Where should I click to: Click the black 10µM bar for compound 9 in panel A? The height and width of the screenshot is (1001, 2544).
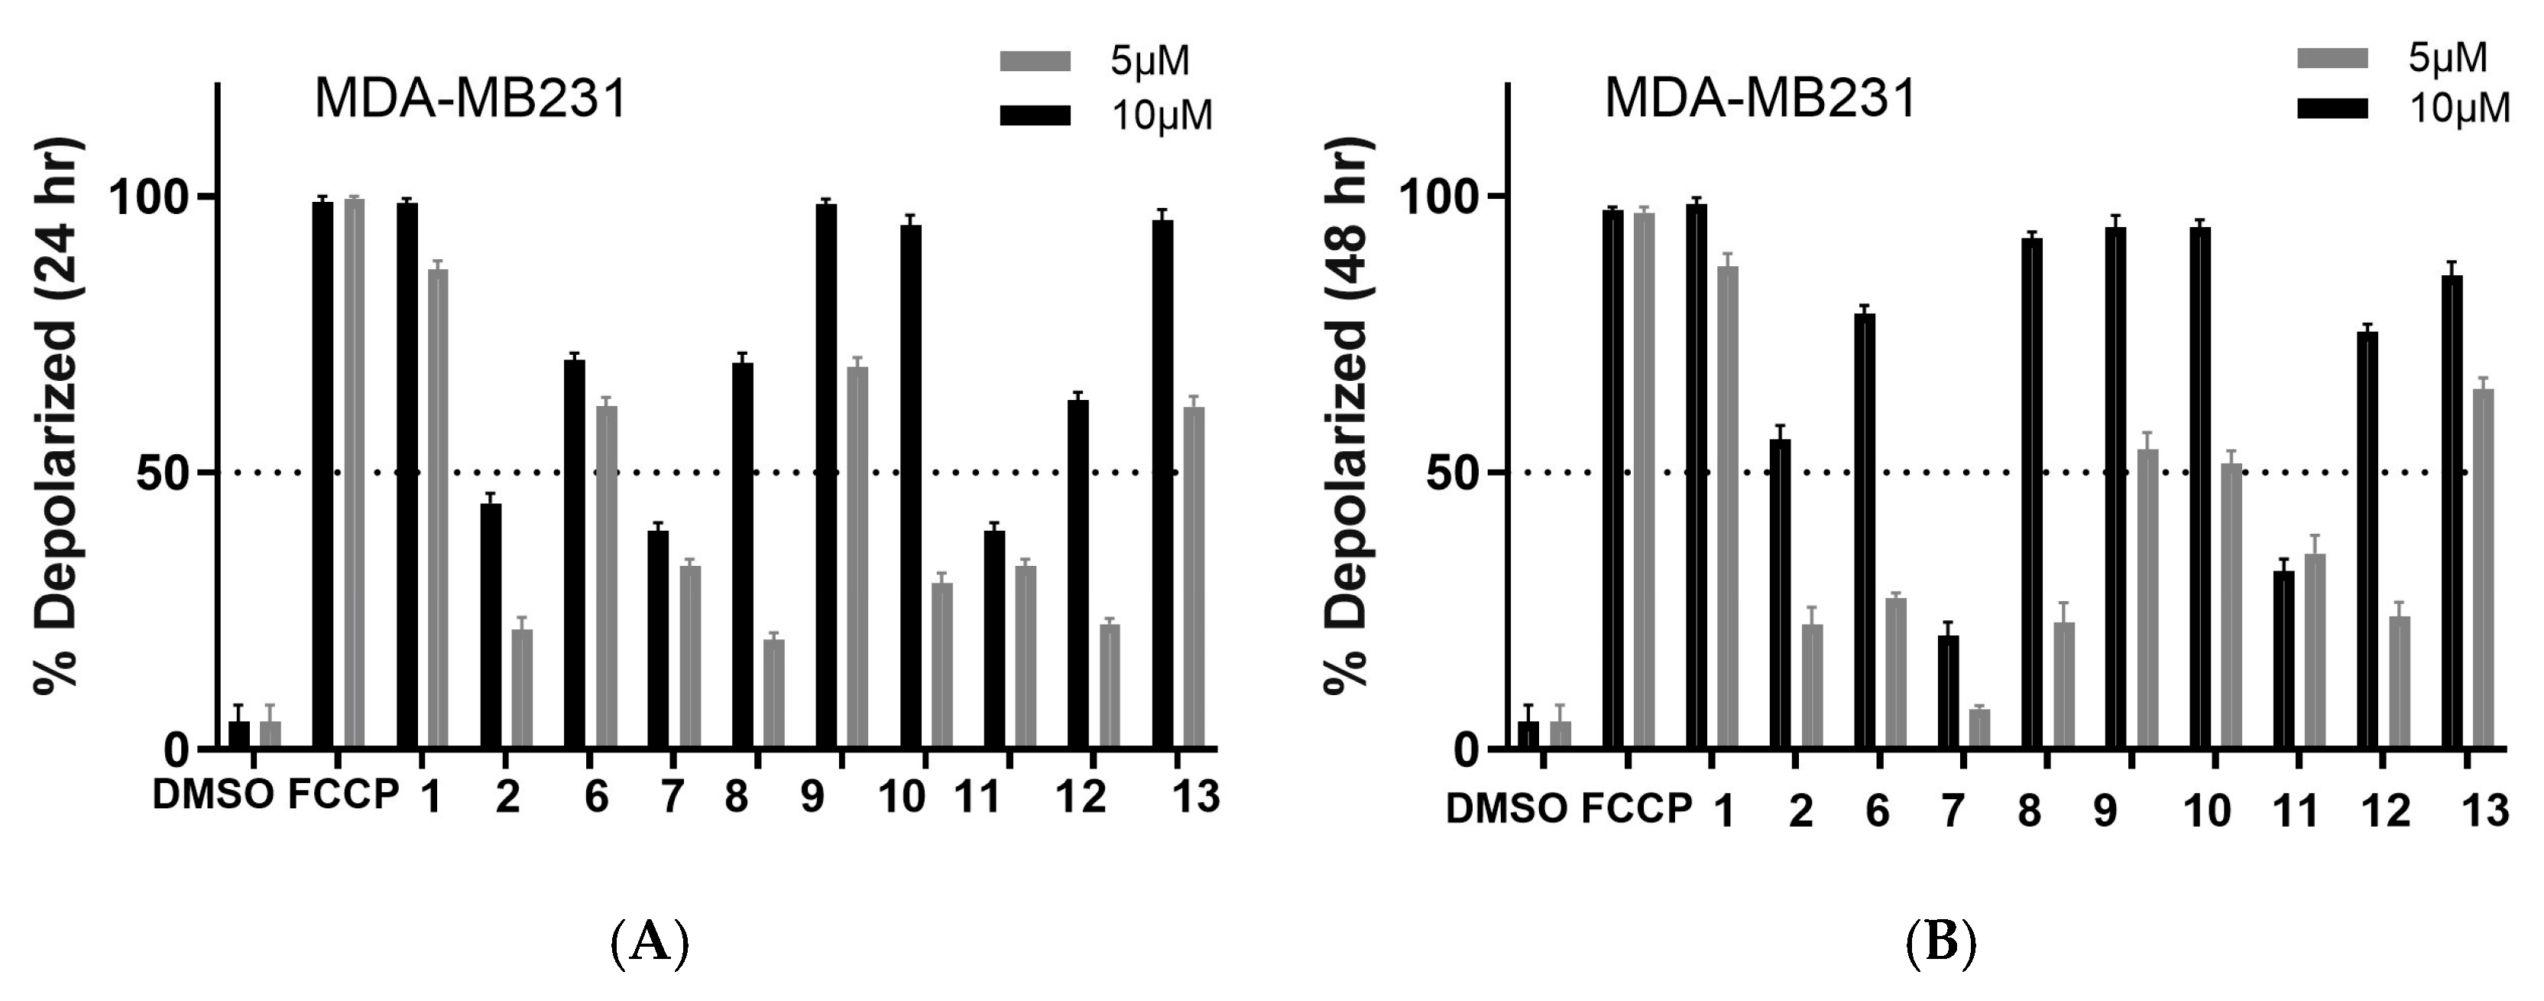click(x=827, y=474)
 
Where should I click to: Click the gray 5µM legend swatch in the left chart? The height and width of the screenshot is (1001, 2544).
click(x=1035, y=61)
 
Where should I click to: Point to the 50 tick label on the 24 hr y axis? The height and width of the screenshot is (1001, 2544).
click(x=162, y=473)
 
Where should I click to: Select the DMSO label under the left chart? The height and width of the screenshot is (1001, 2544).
click(x=212, y=795)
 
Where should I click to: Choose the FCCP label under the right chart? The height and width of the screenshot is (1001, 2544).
click(x=1636, y=809)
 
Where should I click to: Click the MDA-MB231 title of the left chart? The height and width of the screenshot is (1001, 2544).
click(x=470, y=100)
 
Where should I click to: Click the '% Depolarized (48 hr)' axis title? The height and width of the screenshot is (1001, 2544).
click(x=1348, y=415)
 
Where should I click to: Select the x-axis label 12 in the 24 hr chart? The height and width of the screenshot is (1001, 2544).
click(x=1081, y=797)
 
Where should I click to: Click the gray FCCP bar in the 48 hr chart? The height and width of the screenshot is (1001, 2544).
click(x=1645, y=480)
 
